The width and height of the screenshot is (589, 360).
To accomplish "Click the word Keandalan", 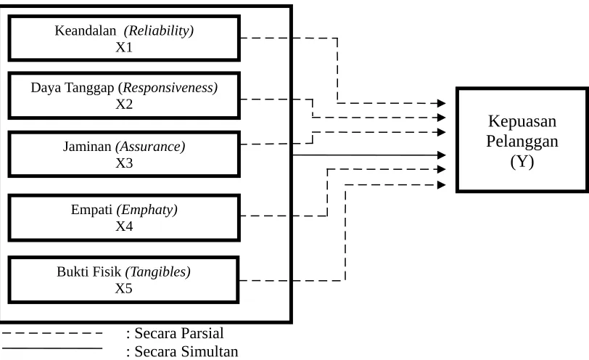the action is click(86, 30).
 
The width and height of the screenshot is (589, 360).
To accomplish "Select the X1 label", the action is click(124, 47).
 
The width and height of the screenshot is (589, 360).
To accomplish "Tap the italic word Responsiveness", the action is click(170, 88).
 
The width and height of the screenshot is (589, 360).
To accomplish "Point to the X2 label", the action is click(124, 104).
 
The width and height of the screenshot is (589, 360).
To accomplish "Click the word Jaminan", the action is click(87, 146).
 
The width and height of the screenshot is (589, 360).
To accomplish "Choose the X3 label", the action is click(124, 163).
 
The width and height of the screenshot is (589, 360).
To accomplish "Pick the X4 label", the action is click(124, 226).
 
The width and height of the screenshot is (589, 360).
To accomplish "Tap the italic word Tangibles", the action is click(160, 271).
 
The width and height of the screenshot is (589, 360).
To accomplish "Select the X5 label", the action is click(124, 288).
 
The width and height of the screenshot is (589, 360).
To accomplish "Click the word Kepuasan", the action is click(522, 122).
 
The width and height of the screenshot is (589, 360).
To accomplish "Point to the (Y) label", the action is click(522, 162).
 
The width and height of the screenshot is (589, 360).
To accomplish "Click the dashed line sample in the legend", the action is click(52, 333).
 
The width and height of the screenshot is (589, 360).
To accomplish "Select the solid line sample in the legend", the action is click(52, 348).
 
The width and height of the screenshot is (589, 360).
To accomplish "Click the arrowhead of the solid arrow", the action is click(442, 155).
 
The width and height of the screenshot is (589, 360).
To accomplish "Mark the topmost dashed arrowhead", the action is click(442, 103).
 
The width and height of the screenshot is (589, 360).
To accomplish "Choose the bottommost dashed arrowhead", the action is click(442, 185).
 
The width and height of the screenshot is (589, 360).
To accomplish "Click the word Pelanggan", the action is click(522, 142).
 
